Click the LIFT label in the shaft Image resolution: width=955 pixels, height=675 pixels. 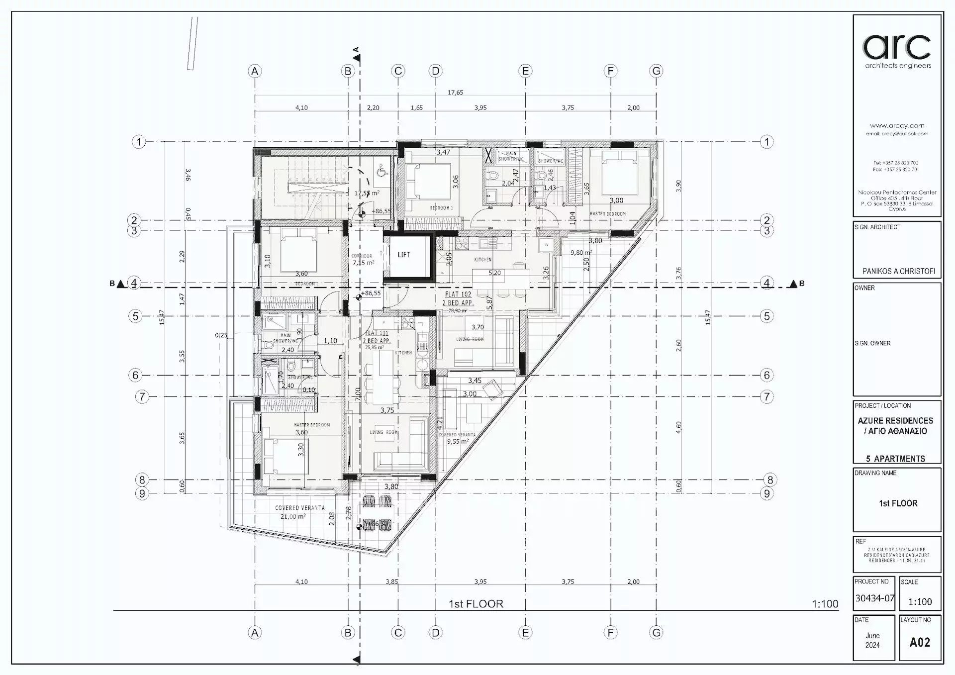click(x=404, y=255)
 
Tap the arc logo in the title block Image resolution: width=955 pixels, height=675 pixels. click(x=897, y=48)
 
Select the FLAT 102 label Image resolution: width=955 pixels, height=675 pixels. click(x=457, y=294)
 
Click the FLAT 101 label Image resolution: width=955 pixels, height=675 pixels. click(x=377, y=333)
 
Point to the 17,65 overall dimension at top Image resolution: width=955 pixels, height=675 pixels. click(x=455, y=93)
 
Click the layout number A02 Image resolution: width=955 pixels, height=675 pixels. click(x=920, y=642)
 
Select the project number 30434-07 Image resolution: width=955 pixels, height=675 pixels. click(x=874, y=598)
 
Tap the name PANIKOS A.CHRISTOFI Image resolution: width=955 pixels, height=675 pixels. click(x=898, y=272)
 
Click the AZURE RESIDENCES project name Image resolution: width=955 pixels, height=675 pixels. click(x=895, y=421)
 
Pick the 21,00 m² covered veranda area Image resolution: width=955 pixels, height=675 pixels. click(x=292, y=517)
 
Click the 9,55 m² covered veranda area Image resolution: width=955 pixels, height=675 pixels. click(x=458, y=441)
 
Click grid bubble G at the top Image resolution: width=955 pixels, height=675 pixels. click(x=657, y=71)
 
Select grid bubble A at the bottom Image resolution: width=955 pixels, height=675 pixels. click(x=255, y=633)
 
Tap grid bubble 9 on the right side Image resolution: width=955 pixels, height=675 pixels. click(x=767, y=493)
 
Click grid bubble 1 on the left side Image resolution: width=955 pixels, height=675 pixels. click(x=139, y=142)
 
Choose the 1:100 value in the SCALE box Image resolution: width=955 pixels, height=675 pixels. click(x=920, y=602)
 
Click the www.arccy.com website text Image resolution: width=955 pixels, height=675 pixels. click(x=897, y=126)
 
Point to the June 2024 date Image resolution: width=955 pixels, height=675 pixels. click(x=872, y=640)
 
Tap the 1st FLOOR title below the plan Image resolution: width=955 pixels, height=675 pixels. click(x=476, y=604)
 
